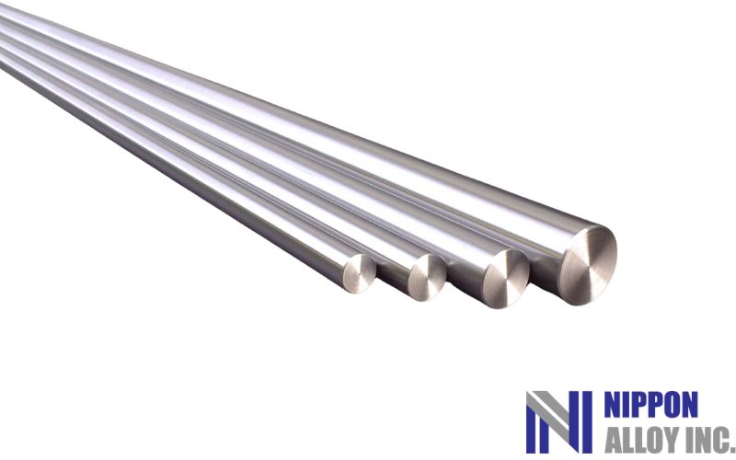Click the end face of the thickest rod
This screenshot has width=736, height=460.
589,265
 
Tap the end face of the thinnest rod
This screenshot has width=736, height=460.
360,273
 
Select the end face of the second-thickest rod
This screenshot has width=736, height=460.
506,279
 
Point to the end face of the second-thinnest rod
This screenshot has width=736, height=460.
427,277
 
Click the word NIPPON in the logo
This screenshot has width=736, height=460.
650,405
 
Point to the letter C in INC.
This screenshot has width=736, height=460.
721,440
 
